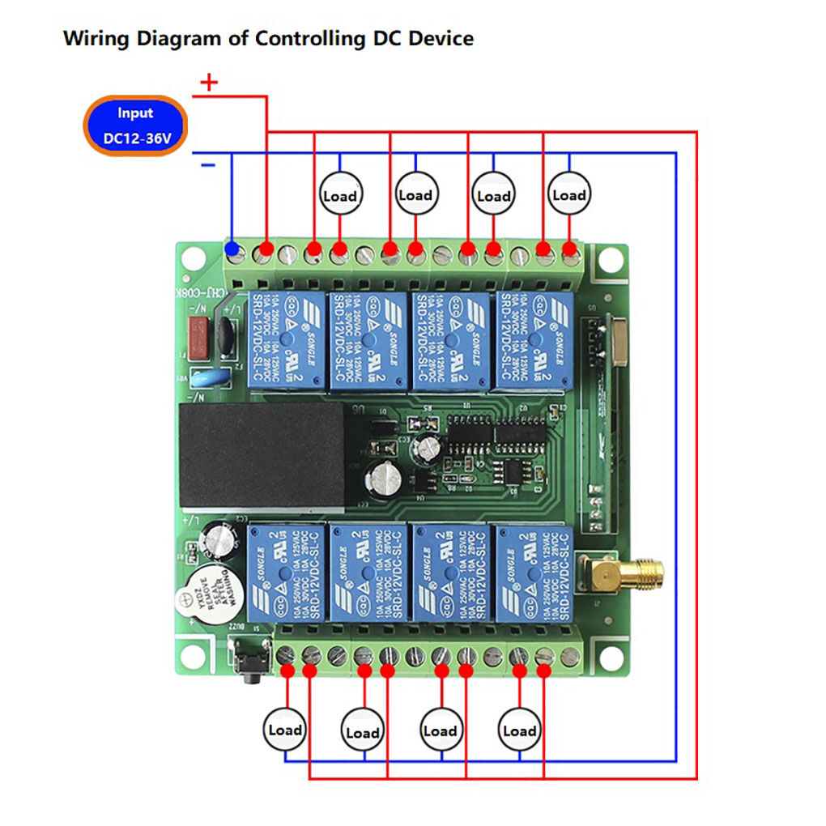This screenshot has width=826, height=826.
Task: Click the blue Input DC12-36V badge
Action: coord(136,126)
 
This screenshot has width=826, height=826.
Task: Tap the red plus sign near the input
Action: coord(209,83)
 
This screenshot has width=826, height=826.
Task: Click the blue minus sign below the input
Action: coord(208,165)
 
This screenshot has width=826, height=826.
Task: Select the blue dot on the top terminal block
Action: coord(233,249)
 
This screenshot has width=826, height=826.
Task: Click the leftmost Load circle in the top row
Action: coord(339,195)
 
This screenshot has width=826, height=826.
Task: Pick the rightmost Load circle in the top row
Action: coord(568,194)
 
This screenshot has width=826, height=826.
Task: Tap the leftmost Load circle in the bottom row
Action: coord(285,730)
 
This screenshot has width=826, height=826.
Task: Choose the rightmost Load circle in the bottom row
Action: coord(519,730)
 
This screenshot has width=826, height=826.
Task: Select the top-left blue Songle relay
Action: coord(285,340)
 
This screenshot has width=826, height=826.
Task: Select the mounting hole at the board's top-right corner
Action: coord(609,259)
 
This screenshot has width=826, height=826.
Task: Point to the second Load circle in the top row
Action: coord(415,195)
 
